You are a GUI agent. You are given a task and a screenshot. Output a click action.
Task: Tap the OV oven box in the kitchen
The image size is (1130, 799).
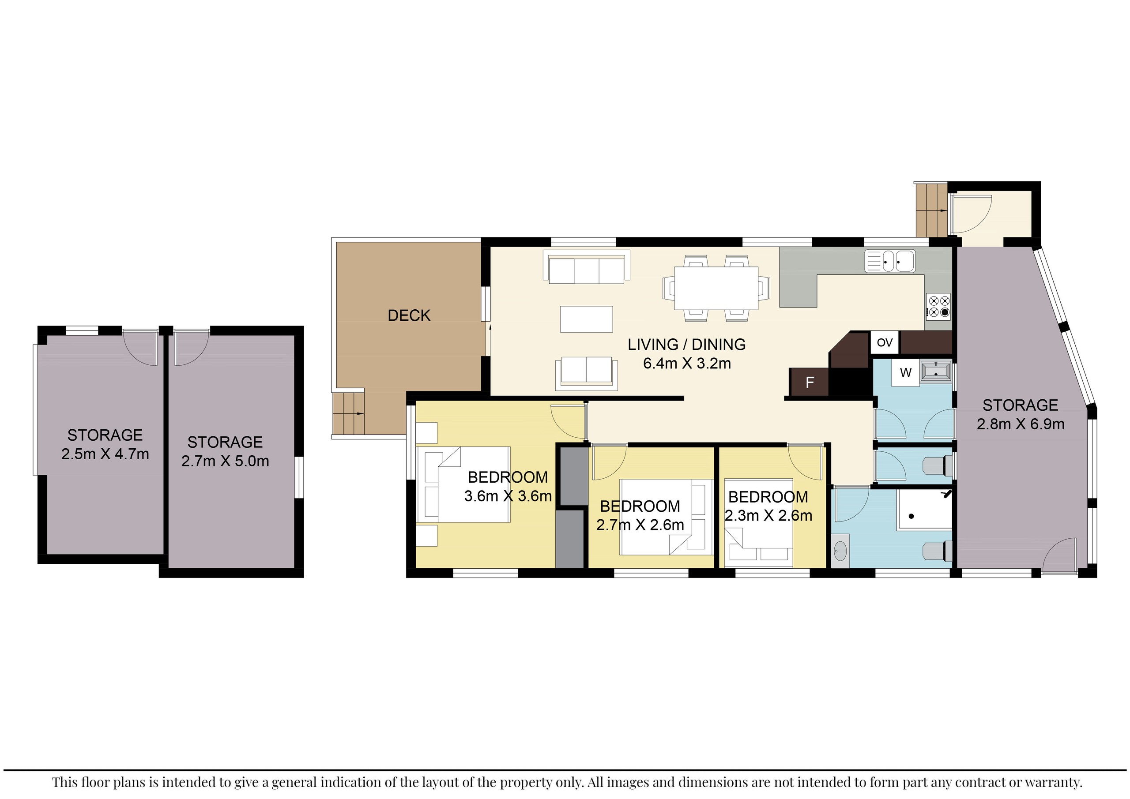(885, 342)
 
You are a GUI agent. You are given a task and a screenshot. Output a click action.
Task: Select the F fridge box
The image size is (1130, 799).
(809, 382)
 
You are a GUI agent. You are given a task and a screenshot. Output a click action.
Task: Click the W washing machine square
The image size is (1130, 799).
(906, 373)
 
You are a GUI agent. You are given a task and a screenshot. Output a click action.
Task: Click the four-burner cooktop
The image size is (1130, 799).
(938, 306)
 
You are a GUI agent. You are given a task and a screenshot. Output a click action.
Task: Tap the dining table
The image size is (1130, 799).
(716, 288)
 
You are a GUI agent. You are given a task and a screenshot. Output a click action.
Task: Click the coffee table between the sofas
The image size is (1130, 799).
(586, 319)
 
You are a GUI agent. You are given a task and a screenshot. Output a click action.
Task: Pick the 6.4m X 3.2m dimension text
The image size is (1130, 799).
(686, 364)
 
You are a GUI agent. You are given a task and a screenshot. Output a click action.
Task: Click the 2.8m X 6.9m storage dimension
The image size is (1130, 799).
(1020, 424)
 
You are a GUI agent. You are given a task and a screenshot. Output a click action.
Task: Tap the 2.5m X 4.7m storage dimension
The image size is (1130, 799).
(105, 454)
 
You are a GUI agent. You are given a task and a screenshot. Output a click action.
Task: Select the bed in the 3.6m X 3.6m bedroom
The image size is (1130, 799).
(463, 484)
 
